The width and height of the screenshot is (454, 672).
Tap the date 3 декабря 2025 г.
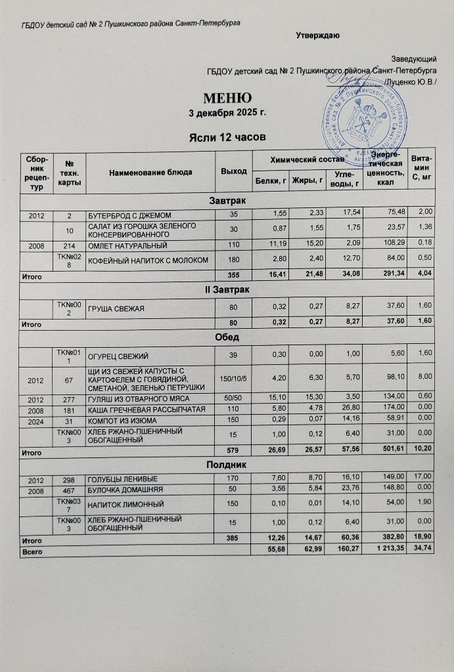click(x=226, y=113)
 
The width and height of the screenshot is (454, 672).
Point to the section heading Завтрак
click(x=227, y=200)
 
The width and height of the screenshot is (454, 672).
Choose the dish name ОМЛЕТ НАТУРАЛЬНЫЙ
click(x=125, y=245)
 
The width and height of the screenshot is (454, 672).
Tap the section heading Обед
click(x=227, y=337)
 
